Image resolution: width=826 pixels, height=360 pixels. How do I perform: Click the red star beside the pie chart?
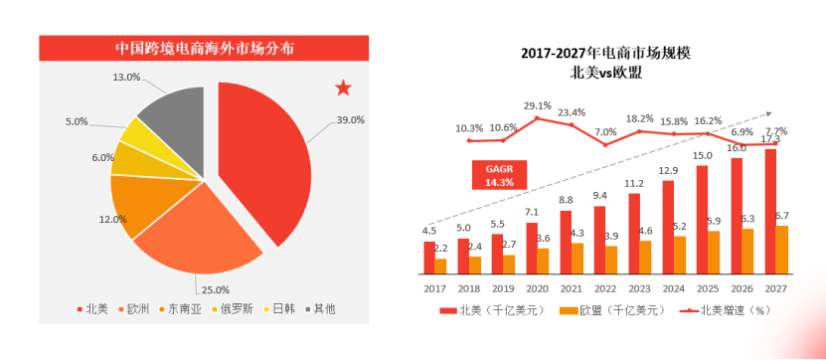(343, 89)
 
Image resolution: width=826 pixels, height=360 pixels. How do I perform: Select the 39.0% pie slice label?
(351, 119)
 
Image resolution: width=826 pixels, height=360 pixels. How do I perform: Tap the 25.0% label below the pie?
(215, 289)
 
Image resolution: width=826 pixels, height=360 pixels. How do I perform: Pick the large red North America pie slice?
(263, 159)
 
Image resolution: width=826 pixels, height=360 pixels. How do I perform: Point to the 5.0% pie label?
(78, 121)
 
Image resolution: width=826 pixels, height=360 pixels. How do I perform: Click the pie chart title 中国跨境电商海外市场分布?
(203, 48)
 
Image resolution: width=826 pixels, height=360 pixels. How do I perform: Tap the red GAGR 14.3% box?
(499, 176)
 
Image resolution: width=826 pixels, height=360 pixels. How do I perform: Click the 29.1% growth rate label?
(538, 105)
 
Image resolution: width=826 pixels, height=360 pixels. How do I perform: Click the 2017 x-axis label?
(434, 287)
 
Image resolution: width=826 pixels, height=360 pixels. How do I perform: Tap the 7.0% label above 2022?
(606, 132)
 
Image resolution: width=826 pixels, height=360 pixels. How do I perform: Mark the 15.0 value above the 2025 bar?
(703, 155)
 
